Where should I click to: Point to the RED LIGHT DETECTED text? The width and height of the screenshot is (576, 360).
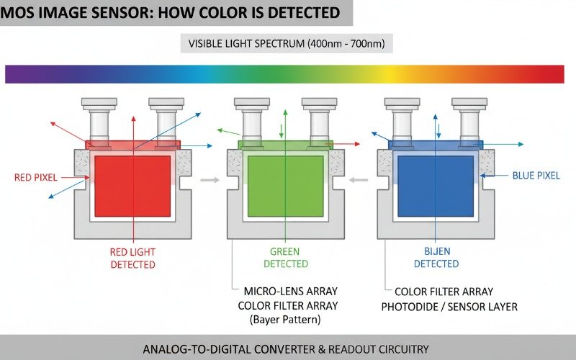[132, 258]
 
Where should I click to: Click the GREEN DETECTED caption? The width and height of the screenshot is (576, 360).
[285, 258]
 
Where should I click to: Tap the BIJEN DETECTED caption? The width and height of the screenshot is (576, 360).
[436, 258]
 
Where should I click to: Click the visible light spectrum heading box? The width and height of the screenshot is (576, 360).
[287, 43]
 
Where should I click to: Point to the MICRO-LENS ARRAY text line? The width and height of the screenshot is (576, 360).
[291, 292]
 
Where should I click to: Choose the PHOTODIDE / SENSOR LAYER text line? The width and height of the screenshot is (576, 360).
[449, 307]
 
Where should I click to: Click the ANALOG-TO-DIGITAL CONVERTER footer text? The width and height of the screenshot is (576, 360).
[286, 348]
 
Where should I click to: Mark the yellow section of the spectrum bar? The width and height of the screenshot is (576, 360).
[392, 73]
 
